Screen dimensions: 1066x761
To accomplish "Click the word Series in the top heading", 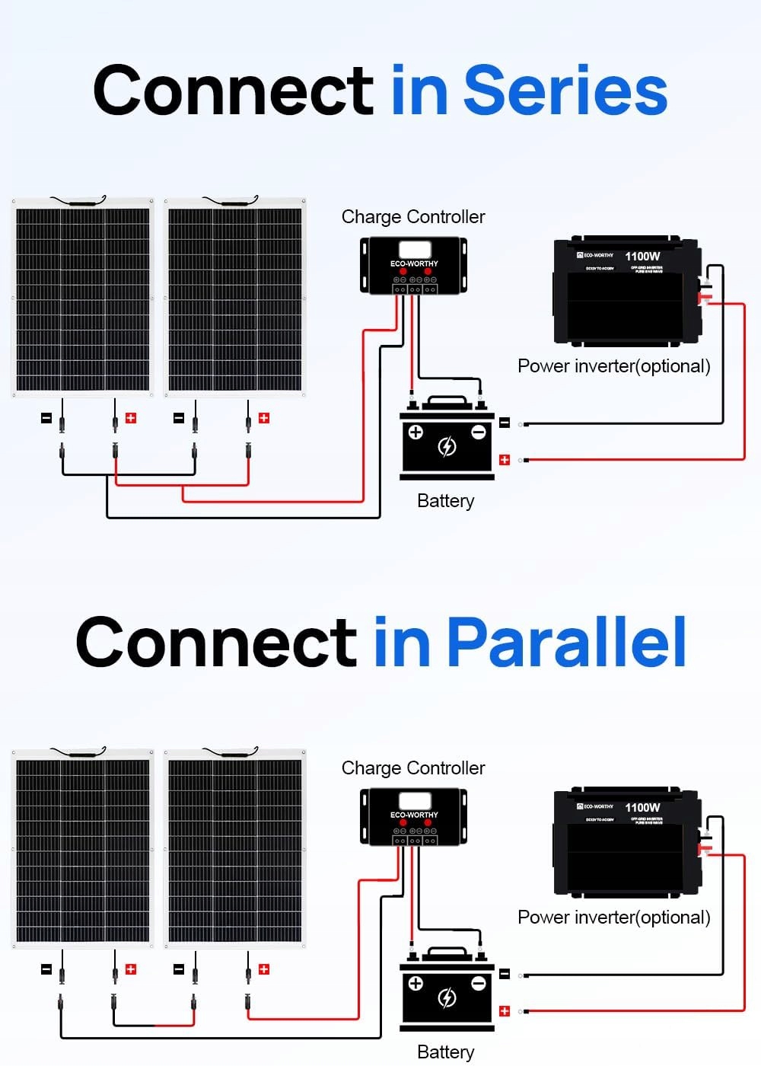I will pos(565,91).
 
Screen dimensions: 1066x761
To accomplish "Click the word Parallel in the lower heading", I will pos(566,643).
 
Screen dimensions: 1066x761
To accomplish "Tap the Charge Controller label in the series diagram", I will pos(413,217).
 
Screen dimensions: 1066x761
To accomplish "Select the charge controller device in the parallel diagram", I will pos(413,817).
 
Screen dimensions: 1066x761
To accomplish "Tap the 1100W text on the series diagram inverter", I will pos(642,257).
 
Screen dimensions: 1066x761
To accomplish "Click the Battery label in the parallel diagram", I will pos(446,1052).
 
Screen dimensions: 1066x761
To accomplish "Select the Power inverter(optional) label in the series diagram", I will pos(613,366).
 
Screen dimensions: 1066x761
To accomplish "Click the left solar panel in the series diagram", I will pos(83,298).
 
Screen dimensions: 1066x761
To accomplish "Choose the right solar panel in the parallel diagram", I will pos(235,849).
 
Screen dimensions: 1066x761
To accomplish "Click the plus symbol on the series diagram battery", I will pos(416,432).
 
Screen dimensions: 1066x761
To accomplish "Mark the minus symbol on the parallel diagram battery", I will pos(479,984).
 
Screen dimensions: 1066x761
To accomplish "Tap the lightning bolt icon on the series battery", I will pos(447,446).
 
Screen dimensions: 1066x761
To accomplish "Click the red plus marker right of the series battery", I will pos(504,459).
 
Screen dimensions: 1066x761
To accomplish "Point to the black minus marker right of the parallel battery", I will pos(504,973).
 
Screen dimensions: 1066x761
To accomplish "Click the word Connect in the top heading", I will pos(233,91).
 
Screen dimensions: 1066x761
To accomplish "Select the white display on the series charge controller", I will pos(414,250).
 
